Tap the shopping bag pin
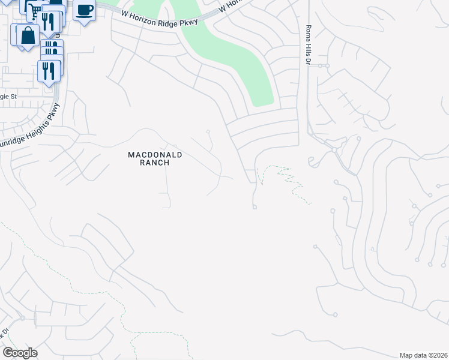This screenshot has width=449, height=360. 28,35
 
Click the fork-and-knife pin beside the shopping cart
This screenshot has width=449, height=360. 49,22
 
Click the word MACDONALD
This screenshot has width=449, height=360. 155,155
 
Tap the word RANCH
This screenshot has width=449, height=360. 155,163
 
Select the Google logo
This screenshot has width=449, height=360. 20,353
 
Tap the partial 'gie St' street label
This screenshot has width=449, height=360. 11,97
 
